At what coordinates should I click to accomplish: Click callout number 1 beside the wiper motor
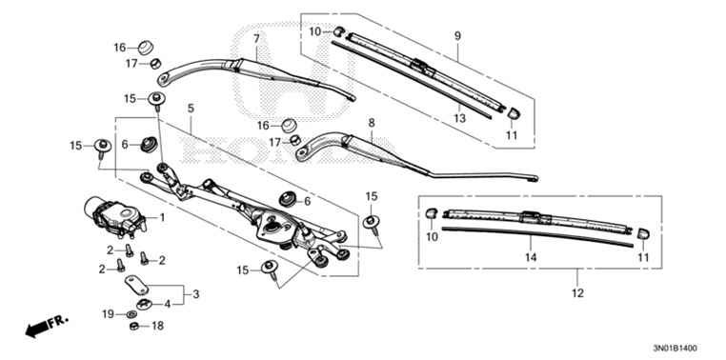point(162,217)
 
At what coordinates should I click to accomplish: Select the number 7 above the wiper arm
point(256,38)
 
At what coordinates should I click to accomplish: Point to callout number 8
point(371,123)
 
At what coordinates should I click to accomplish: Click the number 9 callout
point(457,36)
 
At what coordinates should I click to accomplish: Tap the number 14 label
point(530,257)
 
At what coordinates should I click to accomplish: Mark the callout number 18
point(158,326)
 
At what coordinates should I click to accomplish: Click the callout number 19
point(108,313)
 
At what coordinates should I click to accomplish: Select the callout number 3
point(197,294)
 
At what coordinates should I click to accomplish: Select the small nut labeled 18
point(135,327)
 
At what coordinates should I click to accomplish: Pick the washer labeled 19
point(130,313)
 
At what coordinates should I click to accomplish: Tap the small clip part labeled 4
point(143,304)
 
